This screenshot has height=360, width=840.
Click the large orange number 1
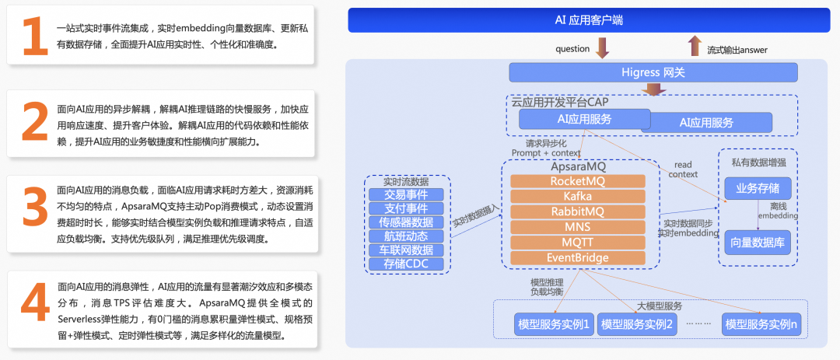click(x=34, y=37)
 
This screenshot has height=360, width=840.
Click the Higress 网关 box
click(x=653, y=72)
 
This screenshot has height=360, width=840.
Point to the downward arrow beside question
click(x=602, y=48)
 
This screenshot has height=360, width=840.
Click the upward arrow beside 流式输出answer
click(x=695, y=46)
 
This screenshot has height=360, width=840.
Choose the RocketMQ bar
click(x=577, y=180)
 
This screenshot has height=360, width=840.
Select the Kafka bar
click(x=577, y=196)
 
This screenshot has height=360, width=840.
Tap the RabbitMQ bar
click(x=577, y=211)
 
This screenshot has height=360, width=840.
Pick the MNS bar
click(x=577, y=227)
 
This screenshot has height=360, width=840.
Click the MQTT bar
click(x=577, y=243)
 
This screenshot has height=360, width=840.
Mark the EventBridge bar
click(x=577, y=258)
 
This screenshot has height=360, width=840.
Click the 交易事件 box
click(x=406, y=194)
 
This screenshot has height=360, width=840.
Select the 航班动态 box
click(x=406, y=236)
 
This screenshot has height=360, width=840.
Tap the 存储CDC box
click(x=406, y=264)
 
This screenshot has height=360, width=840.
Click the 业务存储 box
click(x=758, y=188)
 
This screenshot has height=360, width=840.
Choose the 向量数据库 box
click(x=758, y=242)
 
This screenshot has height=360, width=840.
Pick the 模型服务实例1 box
click(x=554, y=323)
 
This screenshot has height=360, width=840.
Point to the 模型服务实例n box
click(x=761, y=323)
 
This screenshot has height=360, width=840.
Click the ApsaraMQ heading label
click(x=577, y=166)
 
